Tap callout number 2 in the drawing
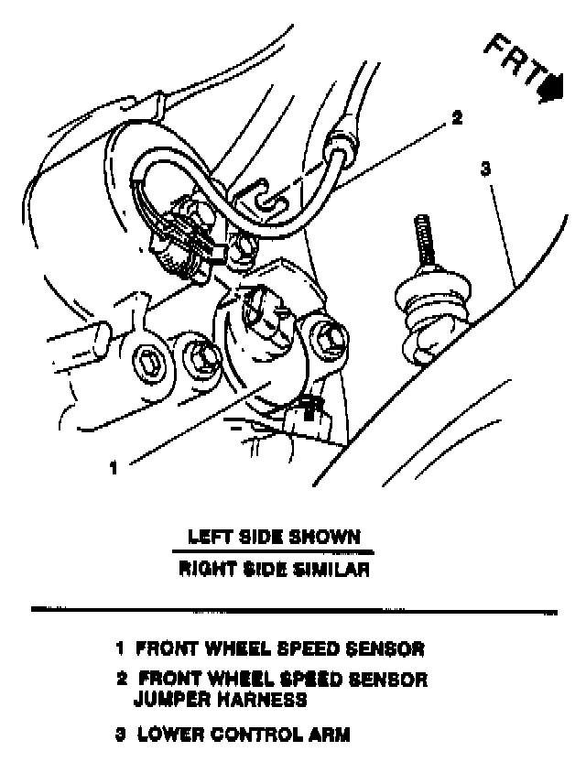click(x=457, y=118)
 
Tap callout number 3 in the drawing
click(x=486, y=169)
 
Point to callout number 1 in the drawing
click(x=114, y=468)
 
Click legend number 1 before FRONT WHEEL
click(x=119, y=649)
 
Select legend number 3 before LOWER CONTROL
click(x=120, y=735)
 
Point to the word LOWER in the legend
click(x=165, y=735)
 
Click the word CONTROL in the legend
click(x=245, y=735)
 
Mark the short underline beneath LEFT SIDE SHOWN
click(x=272, y=552)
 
